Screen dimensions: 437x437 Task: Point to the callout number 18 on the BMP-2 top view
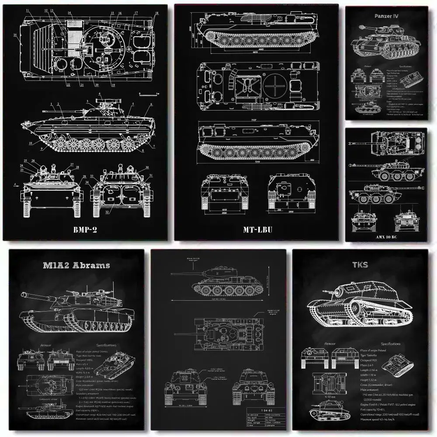tap(157, 14)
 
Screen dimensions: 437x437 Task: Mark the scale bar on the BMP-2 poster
tap(147, 94)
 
